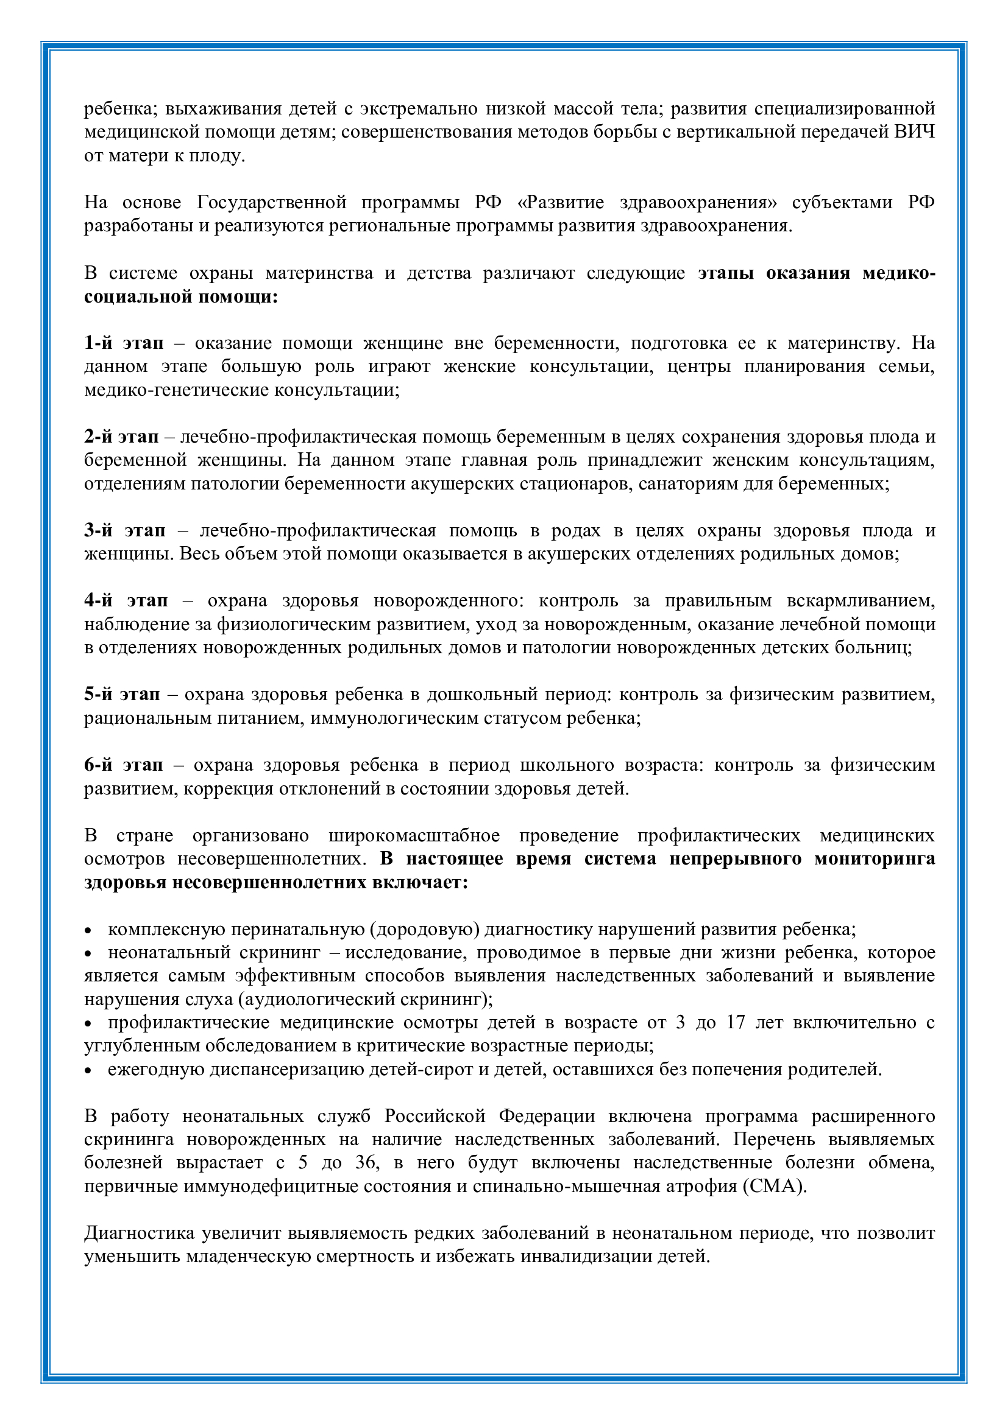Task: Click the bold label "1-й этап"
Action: (x=124, y=343)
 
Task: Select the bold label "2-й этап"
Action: (x=121, y=437)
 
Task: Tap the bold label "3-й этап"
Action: (x=125, y=530)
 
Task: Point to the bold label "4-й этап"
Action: (x=126, y=600)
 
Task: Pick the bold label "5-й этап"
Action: (x=122, y=694)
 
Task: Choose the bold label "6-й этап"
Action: (x=124, y=765)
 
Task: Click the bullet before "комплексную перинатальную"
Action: (x=89, y=931)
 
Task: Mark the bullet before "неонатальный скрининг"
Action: (x=89, y=954)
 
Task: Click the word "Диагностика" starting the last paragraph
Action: (x=139, y=1233)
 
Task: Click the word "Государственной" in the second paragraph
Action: (x=272, y=202)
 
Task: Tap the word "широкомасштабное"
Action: (x=414, y=835)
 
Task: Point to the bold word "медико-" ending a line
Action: (x=898, y=273)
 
